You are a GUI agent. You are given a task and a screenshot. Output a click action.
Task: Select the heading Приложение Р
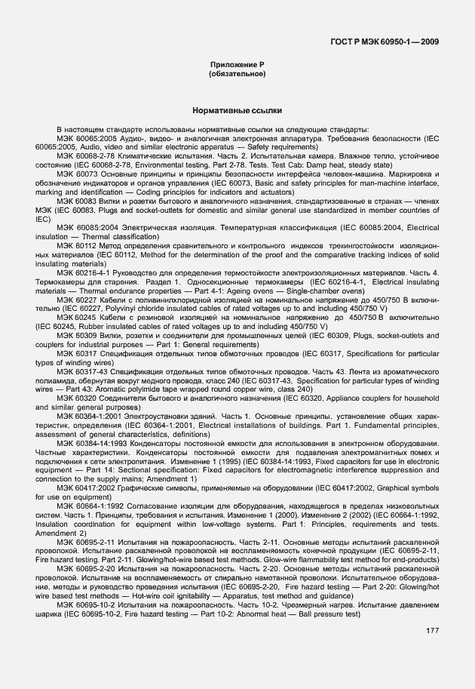[237, 66]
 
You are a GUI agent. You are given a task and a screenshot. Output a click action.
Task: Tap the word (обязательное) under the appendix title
[237, 75]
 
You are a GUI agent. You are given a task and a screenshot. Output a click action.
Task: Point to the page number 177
[432, 650]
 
